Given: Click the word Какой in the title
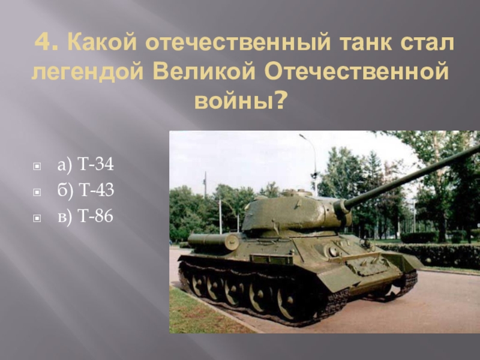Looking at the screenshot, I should click(95, 43).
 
